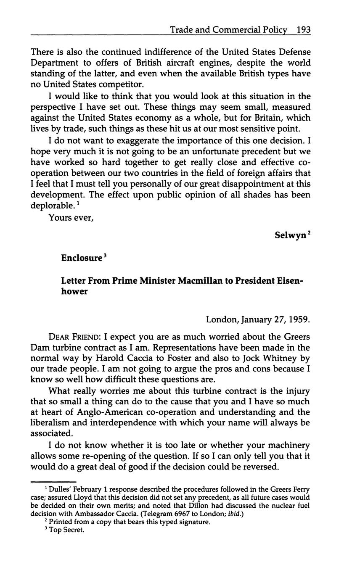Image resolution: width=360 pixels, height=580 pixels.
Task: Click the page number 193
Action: pyautogui.click(x=303, y=30)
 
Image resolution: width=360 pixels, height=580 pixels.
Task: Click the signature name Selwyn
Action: pyautogui.click(x=290, y=236)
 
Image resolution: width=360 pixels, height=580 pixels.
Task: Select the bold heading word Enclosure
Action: pyautogui.click(x=82, y=258)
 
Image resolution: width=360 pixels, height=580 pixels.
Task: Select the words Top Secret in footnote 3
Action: pyautogui.click(x=67, y=530)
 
